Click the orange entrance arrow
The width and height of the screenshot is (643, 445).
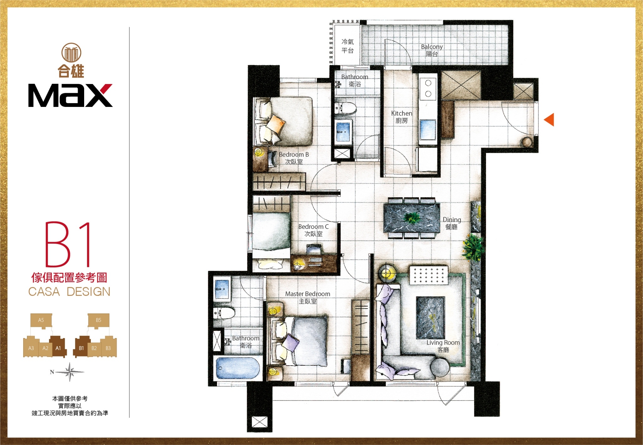tap(549, 119)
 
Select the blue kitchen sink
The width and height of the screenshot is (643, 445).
tap(428, 130)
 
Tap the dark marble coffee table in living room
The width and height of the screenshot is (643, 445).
tap(430, 318)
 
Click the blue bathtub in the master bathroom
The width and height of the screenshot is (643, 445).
tap(238, 368)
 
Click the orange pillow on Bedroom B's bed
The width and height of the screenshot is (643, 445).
tap(276, 123)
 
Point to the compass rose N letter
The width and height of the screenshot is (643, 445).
tap(52, 372)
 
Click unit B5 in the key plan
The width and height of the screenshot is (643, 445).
tap(99, 320)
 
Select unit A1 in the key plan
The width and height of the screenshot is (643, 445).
tap(58, 347)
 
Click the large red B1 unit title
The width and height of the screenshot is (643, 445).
tap(68, 244)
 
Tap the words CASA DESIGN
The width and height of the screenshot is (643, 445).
tap(69, 292)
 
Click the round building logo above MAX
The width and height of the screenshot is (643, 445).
tap(71, 52)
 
